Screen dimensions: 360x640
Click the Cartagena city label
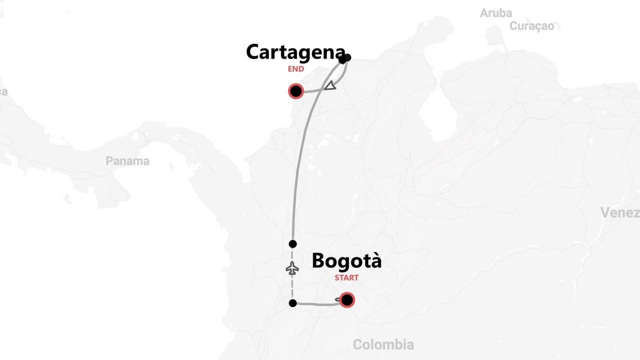(x=295, y=52)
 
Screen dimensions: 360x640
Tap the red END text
(x=295, y=69)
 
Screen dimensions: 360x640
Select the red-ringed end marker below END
(x=296, y=91)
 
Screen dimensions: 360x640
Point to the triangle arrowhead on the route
(x=330, y=86)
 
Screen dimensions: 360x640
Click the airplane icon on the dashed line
(x=292, y=268)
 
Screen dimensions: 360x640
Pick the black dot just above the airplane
(x=293, y=244)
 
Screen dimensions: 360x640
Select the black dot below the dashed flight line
(x=293, y=303)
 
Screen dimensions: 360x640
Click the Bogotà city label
(x=346, y=261)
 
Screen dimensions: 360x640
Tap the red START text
(x=346, y=278)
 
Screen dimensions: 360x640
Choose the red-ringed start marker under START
(x=346, y=300)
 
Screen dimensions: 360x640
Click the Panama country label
(x=127, y=161)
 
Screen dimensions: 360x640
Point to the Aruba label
(x=496, y=13)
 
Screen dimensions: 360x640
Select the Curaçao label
(x=532, y=26)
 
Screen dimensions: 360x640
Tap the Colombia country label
(x=383, y=344)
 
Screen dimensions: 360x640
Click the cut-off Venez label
(x=620, y=213)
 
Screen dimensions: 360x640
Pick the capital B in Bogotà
(x=319, y=261)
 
